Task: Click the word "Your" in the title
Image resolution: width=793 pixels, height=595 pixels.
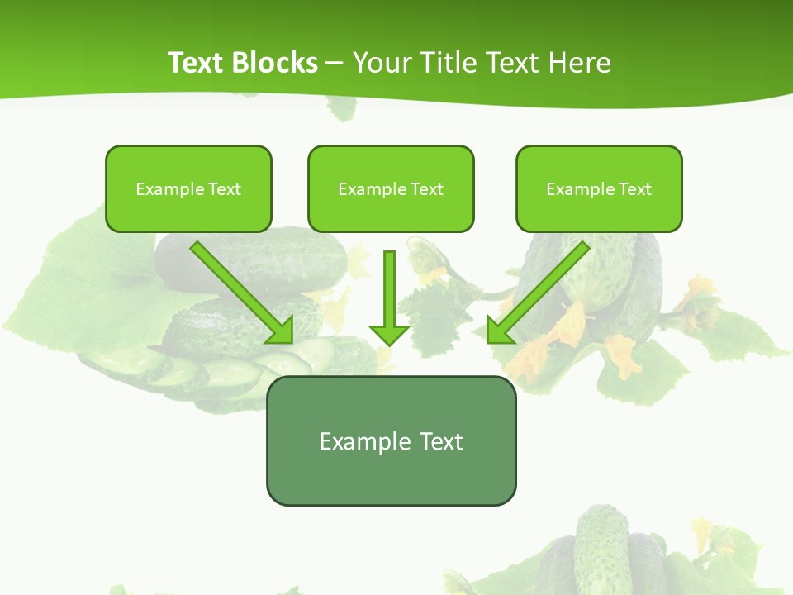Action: [382, 63]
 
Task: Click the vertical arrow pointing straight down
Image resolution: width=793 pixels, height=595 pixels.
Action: [389, 289]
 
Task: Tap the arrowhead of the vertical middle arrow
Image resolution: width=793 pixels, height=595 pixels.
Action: [389, 334]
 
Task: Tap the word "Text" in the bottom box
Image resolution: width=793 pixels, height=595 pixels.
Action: [441, 441]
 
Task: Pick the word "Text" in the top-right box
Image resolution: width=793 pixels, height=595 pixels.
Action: [634, 189]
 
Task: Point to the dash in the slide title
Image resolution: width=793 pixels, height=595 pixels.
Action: [335, 63]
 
